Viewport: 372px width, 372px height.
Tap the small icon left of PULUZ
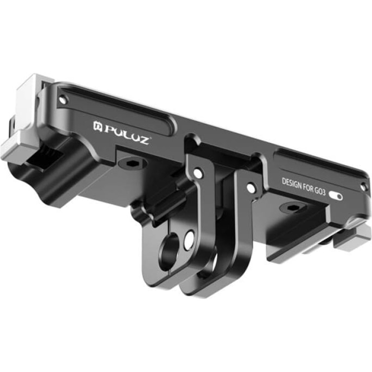98,126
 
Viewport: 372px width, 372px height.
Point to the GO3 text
320,191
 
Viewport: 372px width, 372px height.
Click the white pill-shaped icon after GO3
336,196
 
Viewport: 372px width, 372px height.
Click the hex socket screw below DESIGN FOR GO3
291,208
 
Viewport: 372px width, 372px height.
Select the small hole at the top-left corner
63,99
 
